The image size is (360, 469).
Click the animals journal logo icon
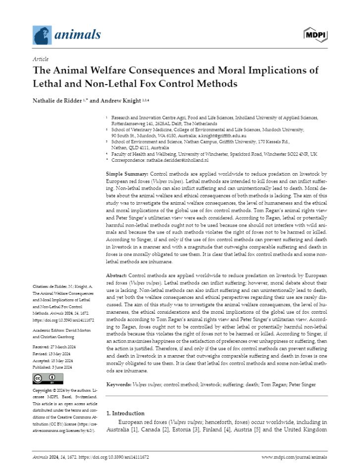pyautogui.click(x=42, y=35)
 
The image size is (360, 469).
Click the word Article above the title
pyautogui.click(x=40, y=59)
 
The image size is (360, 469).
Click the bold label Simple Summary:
pyautogui.click(x=127, y=175)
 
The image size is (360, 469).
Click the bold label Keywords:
pyautogui.click(x=119, y=384)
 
